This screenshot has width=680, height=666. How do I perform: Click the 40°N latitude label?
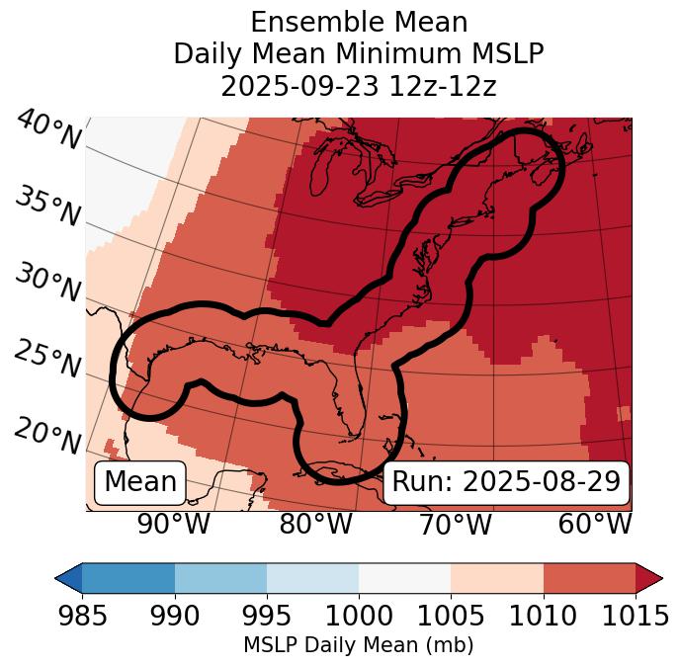point(48,130)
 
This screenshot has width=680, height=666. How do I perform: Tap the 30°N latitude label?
point(47,283)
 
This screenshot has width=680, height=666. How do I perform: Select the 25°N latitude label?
point(47,359)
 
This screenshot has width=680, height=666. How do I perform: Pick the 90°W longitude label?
point(173,524)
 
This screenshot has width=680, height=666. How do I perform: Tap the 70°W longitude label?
point(455,524)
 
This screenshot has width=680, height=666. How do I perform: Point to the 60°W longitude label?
point(594,524)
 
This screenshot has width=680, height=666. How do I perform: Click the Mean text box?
point(140,482)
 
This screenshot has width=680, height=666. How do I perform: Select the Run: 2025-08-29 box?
point(506,482)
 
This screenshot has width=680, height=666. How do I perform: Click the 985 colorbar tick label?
point(82,617)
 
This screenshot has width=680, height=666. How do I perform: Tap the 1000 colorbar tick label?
point(359,617)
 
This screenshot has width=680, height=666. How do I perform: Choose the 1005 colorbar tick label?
point(451,617)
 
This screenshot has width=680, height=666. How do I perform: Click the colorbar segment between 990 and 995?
point(220,577)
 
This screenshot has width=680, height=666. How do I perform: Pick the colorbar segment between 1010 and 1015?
point(589,577)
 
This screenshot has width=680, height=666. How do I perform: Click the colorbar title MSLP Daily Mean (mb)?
point(359,645)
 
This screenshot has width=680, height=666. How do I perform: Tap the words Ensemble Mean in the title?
point(359,22)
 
